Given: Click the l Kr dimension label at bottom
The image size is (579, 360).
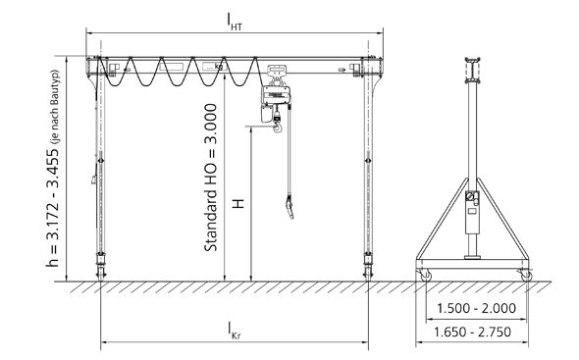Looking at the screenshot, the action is click(235, 331).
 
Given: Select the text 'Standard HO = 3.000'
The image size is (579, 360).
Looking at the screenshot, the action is click(210, 178).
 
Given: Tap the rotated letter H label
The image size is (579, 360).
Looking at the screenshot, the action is click(238, 204).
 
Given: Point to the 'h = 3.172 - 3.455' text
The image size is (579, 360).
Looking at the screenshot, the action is click(52, 207).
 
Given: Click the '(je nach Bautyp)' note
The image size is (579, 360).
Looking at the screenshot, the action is click(55, 107).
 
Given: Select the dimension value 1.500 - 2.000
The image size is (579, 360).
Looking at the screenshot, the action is click(476, 308).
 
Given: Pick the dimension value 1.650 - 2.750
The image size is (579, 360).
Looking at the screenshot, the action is click(472, 332).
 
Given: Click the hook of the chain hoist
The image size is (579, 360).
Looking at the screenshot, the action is click(278, 128).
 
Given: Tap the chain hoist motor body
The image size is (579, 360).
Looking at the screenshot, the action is click(276, 95).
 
